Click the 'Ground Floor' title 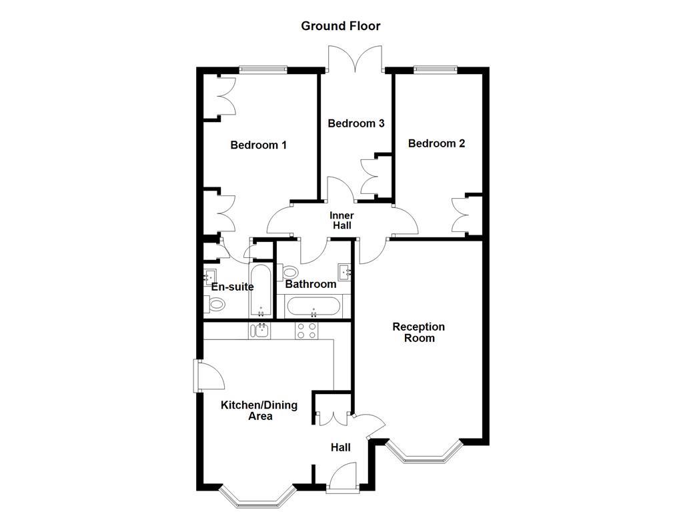(x=340, y=26)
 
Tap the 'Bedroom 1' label (x=258, y=145)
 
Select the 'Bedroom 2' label (x=436, y=143)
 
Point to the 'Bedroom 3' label (x=356, y=123)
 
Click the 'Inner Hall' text (x=341, y=221)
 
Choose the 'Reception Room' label (x=418, y=332)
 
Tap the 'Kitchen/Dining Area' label (x=259, y=410)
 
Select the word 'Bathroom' (x=310, y=284)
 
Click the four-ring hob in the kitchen (x=306, y=331)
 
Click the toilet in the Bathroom (x=289, y=272)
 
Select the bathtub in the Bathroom (x=313, y=307)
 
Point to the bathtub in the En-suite (x=260, y=291)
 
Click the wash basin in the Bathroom (x=345, y=271)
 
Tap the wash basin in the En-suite (x=209, y=275)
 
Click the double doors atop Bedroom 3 (x=356, y=59)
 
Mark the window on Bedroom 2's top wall (x=435, y=68)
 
